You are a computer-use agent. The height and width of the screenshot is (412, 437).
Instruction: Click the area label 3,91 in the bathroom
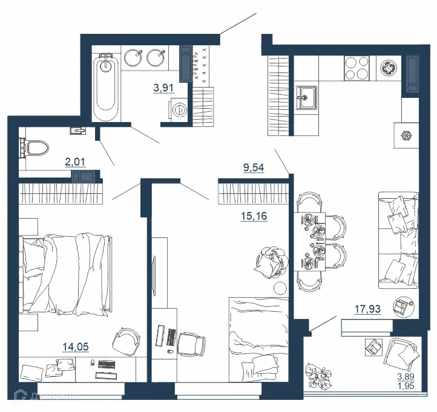point(163,88)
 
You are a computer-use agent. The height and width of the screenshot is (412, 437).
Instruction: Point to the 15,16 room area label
point(254,214)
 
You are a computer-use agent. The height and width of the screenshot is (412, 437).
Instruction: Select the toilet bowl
point(35,147)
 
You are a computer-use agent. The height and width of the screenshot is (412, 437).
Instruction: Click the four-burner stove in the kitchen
point(356,68)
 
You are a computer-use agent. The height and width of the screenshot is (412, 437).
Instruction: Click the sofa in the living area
point(398,239)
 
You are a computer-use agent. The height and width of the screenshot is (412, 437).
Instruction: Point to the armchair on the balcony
point(401,356)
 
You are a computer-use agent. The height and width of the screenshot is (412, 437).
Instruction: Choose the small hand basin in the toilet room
point(78,130)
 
